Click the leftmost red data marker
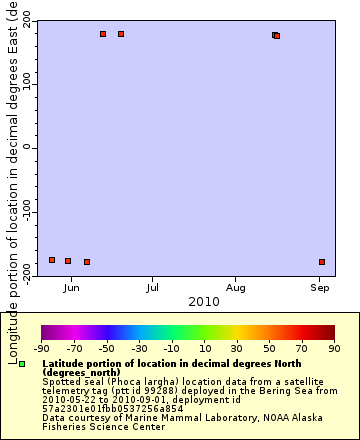pyautogui.click(x=52, y=260)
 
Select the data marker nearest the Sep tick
pyautogui.click(x=322, y=262)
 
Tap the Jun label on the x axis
pyautogui.click(x=70, y=289)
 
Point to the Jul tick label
pyautogui.click(x=152, y=289)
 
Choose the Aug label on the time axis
pyautogui.click(x=235, y=289)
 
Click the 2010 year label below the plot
pyautogui.click(x=203, y=301)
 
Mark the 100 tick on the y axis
pyautogui.click(x=23, y=84)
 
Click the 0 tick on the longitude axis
pyautogui.click(x=27, y=148)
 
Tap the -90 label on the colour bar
pyautogui.click(x=41, y=349)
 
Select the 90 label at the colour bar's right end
pyautogui.click(x=335, y=349)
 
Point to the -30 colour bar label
pyautogui.click(x=139, y=349)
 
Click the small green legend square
pyautogui.click(x=22, y=364)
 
